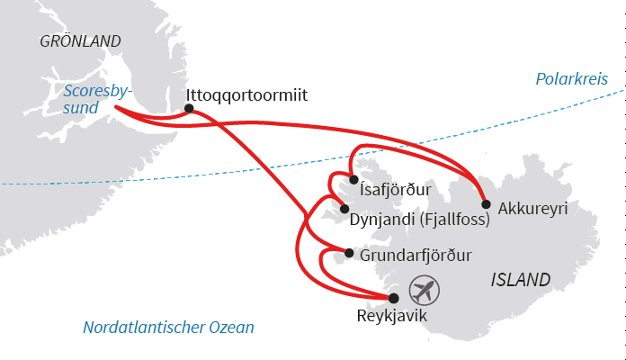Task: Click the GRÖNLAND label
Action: pos(80,41)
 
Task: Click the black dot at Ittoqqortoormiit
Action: pos(189,109)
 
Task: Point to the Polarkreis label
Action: pos(571,80)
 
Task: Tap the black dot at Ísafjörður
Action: pos(353,180)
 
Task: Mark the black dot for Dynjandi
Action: pos(344,208)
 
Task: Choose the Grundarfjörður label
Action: pos(416,256)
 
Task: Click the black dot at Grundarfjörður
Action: pos(350,253)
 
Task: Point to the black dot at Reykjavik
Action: pos(392,297)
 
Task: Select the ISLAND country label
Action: pos(522,280)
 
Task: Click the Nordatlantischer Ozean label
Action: pos(168,328)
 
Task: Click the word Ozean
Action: pos(229,328)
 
